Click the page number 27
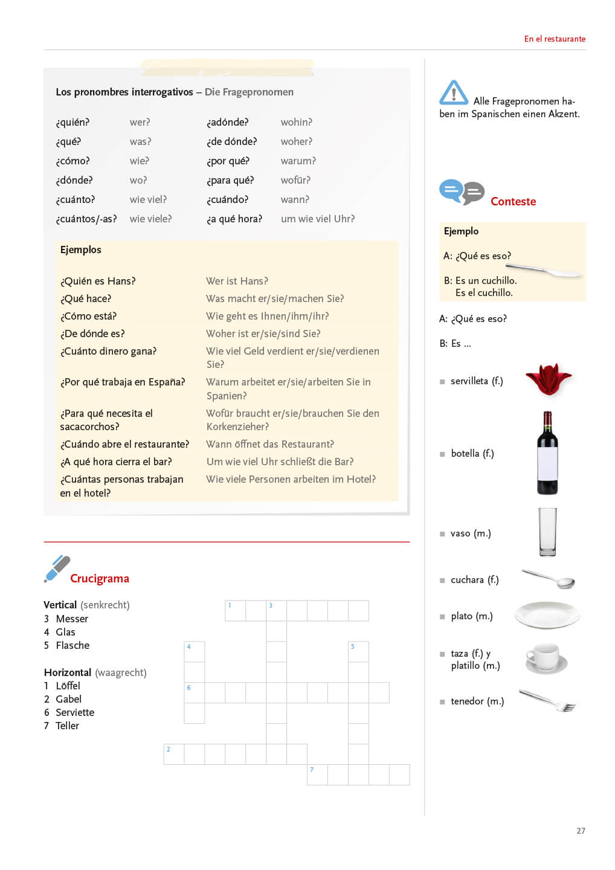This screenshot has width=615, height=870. tap(581, 831)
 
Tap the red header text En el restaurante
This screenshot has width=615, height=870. tap(555, 39)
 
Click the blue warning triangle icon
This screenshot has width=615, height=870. tap(454, 93)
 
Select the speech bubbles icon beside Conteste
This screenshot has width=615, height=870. tap(462, 192)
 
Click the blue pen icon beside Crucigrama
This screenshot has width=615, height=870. tap(57, 569)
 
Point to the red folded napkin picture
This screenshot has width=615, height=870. tap(548, 379)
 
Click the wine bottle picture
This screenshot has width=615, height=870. tap(547, 453)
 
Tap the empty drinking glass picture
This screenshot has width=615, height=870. tap(547, 532)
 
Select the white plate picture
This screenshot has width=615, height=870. tap(547, 615)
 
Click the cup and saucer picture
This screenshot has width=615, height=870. tap(546, 658)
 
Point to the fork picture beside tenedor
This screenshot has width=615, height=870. tap(547, 700)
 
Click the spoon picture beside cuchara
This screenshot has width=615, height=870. tap(549, 578)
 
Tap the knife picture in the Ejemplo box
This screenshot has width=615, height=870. tap(544, 270)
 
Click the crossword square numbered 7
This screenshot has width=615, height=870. tap(317, 775)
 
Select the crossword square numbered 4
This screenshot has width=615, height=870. tap(194, 651)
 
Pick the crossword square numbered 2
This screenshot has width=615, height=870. tap(173, 754)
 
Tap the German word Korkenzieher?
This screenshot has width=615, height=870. tap(237, 427)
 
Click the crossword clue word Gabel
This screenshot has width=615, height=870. tap(68, 699)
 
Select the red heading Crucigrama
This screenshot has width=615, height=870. tap(100, 578)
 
